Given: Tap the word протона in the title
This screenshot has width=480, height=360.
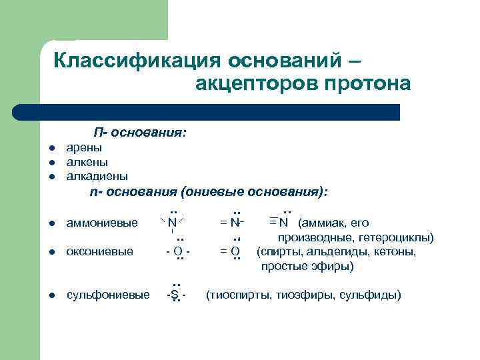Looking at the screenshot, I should [368, 85].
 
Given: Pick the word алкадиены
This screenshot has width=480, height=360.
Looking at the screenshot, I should [97, 176].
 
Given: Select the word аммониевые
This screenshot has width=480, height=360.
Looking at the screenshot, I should [103, 223].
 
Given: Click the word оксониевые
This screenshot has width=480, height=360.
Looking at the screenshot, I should [100, 251].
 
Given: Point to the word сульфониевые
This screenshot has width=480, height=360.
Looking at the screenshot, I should [108, 295].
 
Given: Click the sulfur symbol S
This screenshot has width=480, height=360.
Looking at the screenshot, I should [175, 295].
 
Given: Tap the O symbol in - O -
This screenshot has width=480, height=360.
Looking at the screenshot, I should [177, 251].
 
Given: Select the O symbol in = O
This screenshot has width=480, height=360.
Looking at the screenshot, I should [235, 251].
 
